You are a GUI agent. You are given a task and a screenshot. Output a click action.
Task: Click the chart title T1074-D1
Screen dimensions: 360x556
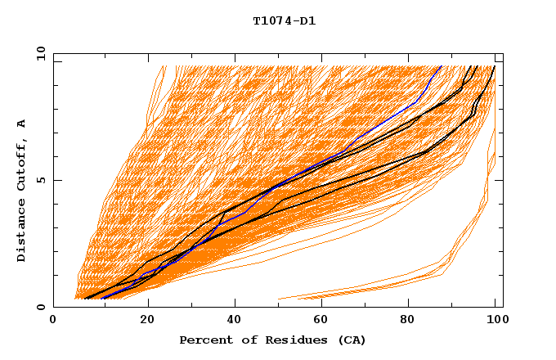click(285, 21)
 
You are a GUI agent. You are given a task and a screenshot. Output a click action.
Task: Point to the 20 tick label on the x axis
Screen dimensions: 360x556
click(147, 320)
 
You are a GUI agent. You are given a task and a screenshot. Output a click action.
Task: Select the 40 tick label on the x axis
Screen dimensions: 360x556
click(236, 320)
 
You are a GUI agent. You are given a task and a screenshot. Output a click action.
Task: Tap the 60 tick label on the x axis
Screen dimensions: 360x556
click(325, 320)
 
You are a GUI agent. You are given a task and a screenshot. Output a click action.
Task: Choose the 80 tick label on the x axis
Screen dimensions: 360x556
click(414, 320)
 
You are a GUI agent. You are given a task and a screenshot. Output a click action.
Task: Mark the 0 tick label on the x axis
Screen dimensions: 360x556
click(53, 320)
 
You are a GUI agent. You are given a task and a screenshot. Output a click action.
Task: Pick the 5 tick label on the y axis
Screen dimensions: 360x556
click(41, 180)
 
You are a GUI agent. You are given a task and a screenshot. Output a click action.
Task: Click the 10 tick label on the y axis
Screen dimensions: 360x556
click(38, 53)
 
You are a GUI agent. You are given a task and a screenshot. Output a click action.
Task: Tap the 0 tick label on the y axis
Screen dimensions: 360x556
click(41, 307)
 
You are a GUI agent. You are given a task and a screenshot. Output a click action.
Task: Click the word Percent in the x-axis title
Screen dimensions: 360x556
click(203, 340)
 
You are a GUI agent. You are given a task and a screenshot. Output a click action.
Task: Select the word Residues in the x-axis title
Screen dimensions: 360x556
click(287, 340)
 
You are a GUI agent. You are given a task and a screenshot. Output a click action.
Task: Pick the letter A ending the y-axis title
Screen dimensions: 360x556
click(21, 124)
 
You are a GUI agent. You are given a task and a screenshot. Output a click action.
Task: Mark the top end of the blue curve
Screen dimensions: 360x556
click(441, 66)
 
